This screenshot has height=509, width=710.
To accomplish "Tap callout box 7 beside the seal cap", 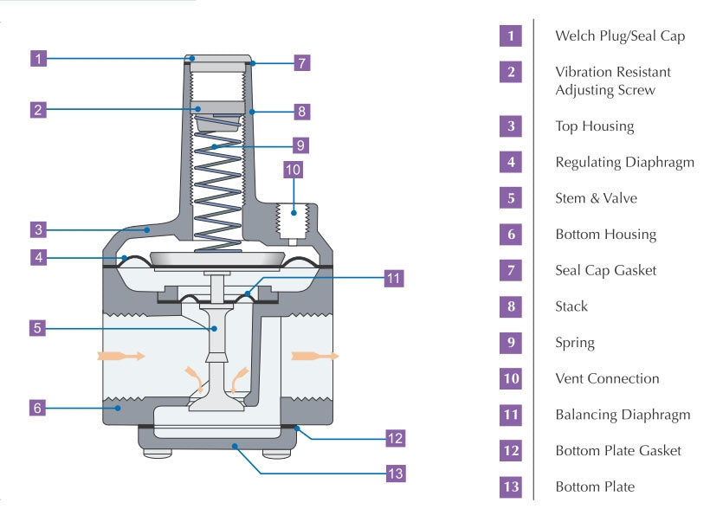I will [x=300, y=63].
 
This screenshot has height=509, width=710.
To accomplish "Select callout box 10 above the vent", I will [x=293, y=170].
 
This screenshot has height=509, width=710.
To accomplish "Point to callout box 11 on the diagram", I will [x=394, y=279].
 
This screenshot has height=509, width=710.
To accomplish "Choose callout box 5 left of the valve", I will [x=37, y=328].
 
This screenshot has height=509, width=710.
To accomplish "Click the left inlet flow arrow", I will [x=116, y=355].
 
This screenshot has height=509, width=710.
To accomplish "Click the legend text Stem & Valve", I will [x=596, y=198].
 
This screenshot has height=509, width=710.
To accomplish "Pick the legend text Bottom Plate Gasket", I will [x=617, y=450].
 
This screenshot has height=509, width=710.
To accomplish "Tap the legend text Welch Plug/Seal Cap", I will [x=619, y=36].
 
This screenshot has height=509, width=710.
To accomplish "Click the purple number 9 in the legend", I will [x=511, y=342].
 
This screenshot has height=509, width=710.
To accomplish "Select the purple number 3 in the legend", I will [x=511, y=126].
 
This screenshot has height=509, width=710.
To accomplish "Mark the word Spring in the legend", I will [x=575, y=343].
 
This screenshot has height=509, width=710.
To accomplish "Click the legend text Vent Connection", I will [x=607, y=378].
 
